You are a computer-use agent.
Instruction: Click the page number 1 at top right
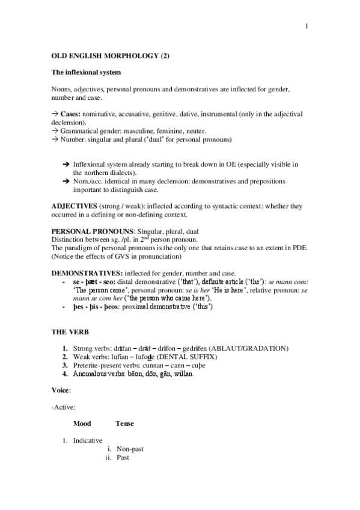pos(307,26)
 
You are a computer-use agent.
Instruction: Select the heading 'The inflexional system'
pos(87,72)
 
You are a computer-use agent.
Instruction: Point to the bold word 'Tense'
pos(124,424)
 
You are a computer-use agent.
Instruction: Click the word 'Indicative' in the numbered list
pos(88,440)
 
